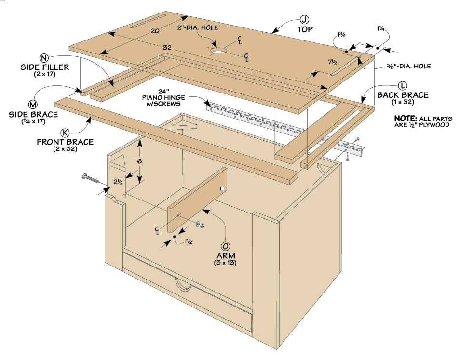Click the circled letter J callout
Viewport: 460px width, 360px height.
coord(304,19)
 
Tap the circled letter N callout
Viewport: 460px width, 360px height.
coord(44,56)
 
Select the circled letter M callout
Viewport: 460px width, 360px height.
coord(33,105)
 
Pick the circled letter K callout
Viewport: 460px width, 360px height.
coord(65,133)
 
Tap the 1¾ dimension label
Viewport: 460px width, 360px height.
coord(342,35)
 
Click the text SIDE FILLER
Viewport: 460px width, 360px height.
coord(45,67)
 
